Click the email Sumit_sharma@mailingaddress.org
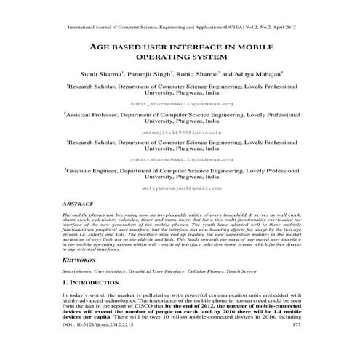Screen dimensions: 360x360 coord(179,104)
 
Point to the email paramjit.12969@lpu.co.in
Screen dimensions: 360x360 coord(179,133)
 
